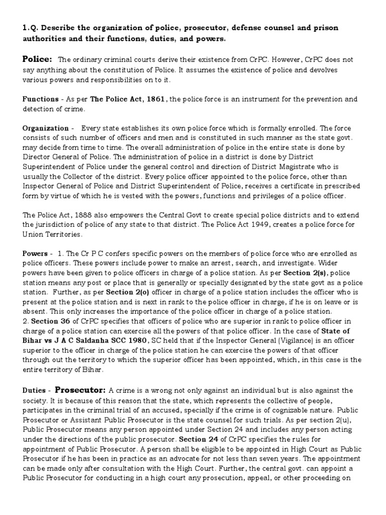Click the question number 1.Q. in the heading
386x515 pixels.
(31, 28)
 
